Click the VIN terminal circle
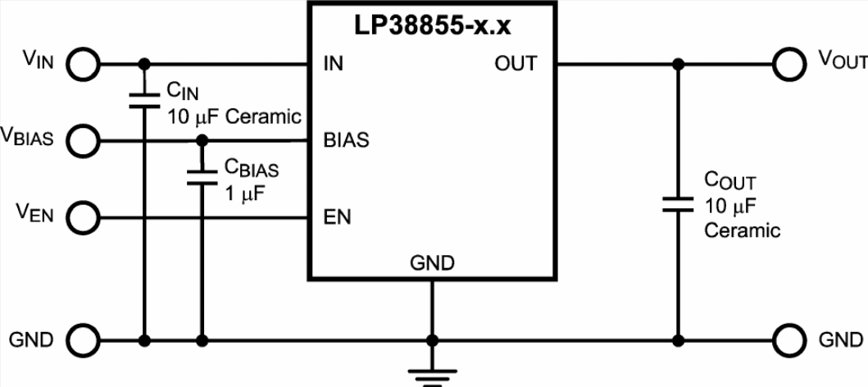[x=83, y=65]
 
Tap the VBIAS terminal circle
[x=83, y=141]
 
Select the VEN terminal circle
[x=83, y=217]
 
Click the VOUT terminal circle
[x=789, y=65]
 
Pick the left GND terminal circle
[x=83, y=340]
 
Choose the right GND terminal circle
[x=789, y=340]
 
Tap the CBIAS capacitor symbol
[x=202, y=176]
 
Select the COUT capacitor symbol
[x=677, y=203]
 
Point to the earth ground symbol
[x=432, y=376]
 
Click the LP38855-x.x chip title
[x=432, y=26]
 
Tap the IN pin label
[x=334, y=64]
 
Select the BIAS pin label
[x=346, y=141]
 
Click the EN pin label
[x=337, y=217]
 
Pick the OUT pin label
[x=516, y=64]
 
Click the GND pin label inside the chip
[x=432, y=262]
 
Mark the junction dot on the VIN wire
[x=144, y=65]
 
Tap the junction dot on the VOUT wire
[x=677, y=65]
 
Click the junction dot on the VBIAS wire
[x=202, y=141]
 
